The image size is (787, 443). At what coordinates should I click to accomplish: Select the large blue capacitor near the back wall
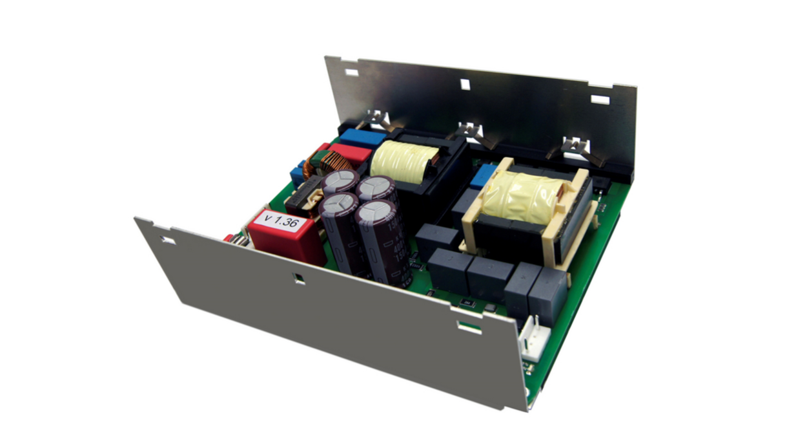point(362,137)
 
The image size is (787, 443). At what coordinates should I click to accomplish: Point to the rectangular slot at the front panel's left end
point(168,240)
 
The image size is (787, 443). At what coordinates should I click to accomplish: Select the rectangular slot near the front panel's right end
point(469,327)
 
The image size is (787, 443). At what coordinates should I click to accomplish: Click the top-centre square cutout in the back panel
point(464,83)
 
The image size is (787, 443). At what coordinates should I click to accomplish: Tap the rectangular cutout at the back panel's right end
point(600,100)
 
